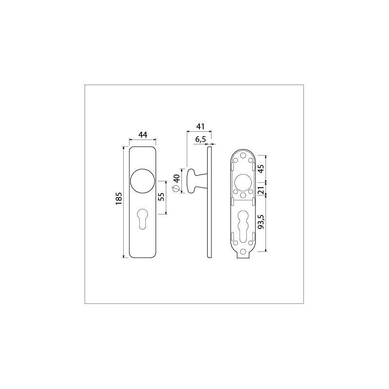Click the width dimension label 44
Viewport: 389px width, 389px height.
(x=142, y=135)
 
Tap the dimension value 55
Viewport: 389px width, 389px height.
(x=161, y=197)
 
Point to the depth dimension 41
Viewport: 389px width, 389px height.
(x=199, y=126)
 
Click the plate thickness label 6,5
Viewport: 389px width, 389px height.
(x=200, y=140)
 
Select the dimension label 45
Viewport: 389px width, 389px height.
(x=261, y=169)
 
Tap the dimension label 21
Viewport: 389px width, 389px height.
(x=261, y=189)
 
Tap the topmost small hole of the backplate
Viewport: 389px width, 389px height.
(x=243, y=154)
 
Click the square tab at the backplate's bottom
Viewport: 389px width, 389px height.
(x=243, y=256)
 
